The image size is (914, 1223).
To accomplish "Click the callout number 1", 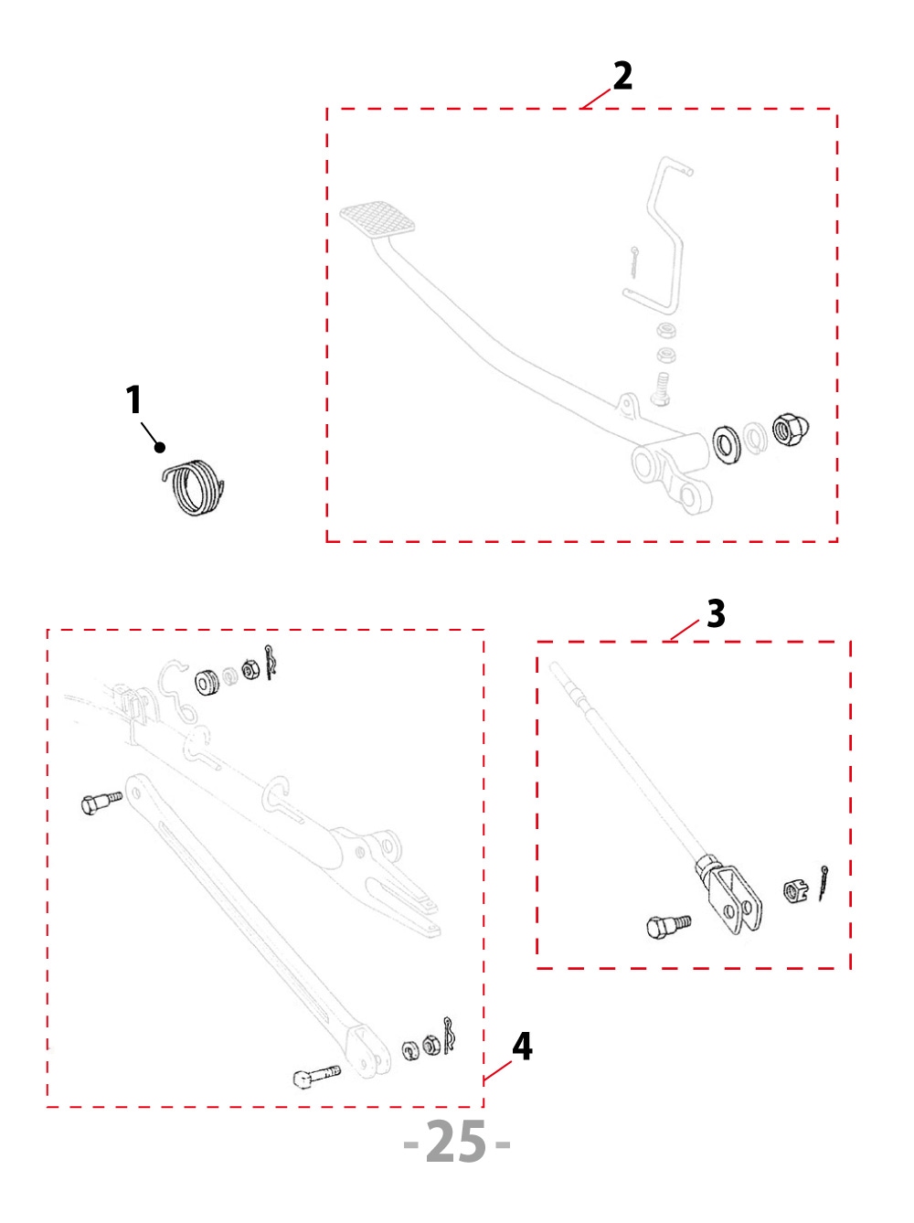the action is pyautogui.click(x=134, y=400).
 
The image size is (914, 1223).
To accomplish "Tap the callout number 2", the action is pyautogui.click(x=622, y=76).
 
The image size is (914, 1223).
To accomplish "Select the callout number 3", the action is pyautogui.click(x=716, y=613).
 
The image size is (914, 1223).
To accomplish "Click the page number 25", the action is pyautogui.click(x=456, y=1142).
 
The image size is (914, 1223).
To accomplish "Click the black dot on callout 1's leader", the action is pyautogui.click(x=161, y=447).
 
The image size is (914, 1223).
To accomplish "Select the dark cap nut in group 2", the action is pyautogui.click(x=790, y=430).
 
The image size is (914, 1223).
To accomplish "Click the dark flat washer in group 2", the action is pyautogui.click(x=727, y=444).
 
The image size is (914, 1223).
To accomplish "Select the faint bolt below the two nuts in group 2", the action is pyautogui.click(x=660, y=388).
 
